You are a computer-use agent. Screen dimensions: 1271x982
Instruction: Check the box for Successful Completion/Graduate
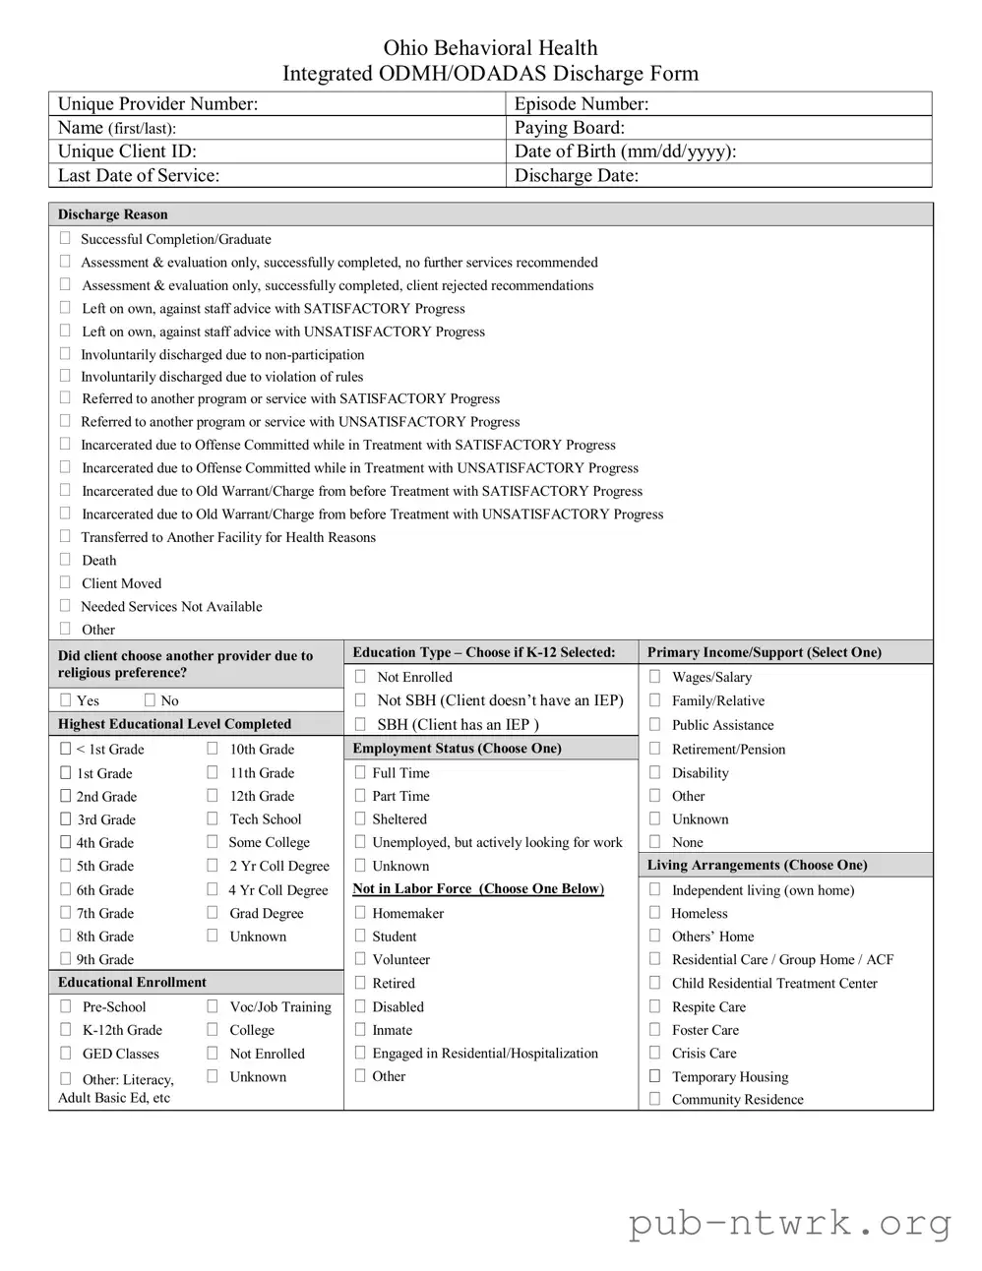pos(65,238)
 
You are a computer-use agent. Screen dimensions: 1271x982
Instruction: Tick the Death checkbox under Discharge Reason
pos(65,559)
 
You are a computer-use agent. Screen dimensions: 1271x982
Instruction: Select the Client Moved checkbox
pos(65,582)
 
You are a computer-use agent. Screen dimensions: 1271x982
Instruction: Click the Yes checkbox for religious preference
pos(65,699)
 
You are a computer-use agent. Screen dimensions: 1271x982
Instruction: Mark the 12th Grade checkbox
pos(212,796)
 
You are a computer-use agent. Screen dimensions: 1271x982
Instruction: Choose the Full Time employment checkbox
pos(360,772)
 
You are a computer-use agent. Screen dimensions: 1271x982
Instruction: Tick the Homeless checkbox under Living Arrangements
pos(654,912)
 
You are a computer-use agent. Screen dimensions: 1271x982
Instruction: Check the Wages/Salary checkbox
pos(654,676)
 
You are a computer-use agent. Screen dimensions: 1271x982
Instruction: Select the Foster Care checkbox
pos(654,1029)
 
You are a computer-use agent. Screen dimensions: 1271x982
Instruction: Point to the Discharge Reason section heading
pos(113,214)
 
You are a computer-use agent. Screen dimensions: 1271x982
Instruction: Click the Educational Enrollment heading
pos(132,982)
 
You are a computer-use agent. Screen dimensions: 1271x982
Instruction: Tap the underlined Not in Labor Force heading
pos(478,888)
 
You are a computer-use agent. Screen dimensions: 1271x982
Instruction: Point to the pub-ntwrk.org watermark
pos(790,1223)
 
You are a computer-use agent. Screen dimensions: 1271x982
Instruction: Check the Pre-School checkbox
pos(65,1005)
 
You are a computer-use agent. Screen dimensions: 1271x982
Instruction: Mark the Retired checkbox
pos(360,982)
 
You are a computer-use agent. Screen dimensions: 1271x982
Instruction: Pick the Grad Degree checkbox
pos(212,912)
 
